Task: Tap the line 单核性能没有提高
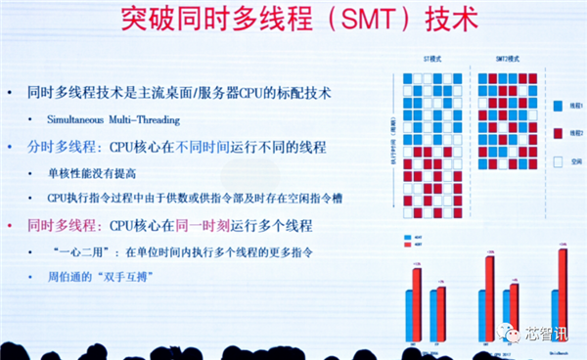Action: click(x=94, y=172)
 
